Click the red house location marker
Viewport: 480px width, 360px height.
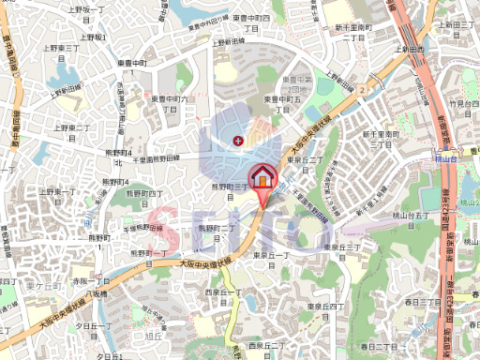(262, 176)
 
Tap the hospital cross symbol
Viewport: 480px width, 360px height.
(237, 141)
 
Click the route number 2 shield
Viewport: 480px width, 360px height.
(360, 90)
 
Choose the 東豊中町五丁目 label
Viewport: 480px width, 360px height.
(281, 103)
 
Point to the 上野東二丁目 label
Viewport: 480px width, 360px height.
(72, 131)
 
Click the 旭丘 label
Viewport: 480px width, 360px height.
(151, 335)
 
